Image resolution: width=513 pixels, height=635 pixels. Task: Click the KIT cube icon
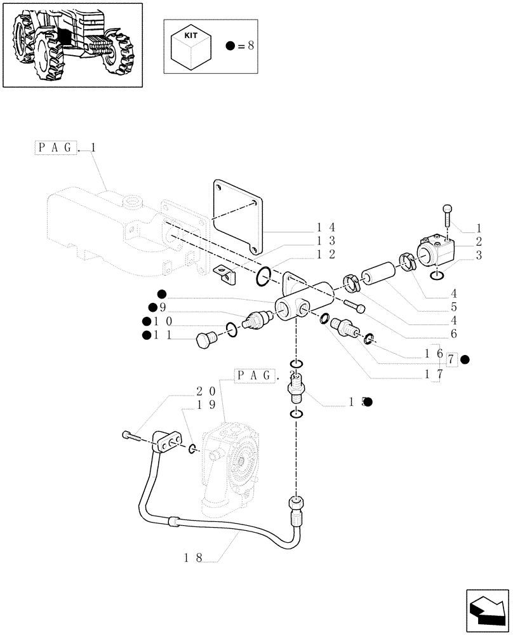(x=190, y=47)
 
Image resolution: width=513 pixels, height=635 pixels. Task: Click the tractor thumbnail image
(x=72, y=44)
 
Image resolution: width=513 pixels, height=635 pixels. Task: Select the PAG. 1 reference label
(x=65, y=148)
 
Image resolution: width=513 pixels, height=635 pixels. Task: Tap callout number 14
(x=326, y=227)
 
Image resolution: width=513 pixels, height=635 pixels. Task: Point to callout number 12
(x=326, y=254)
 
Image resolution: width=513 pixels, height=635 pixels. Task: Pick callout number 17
(x=434, y=375)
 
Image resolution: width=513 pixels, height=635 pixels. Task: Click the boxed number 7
(x=451, y=360)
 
